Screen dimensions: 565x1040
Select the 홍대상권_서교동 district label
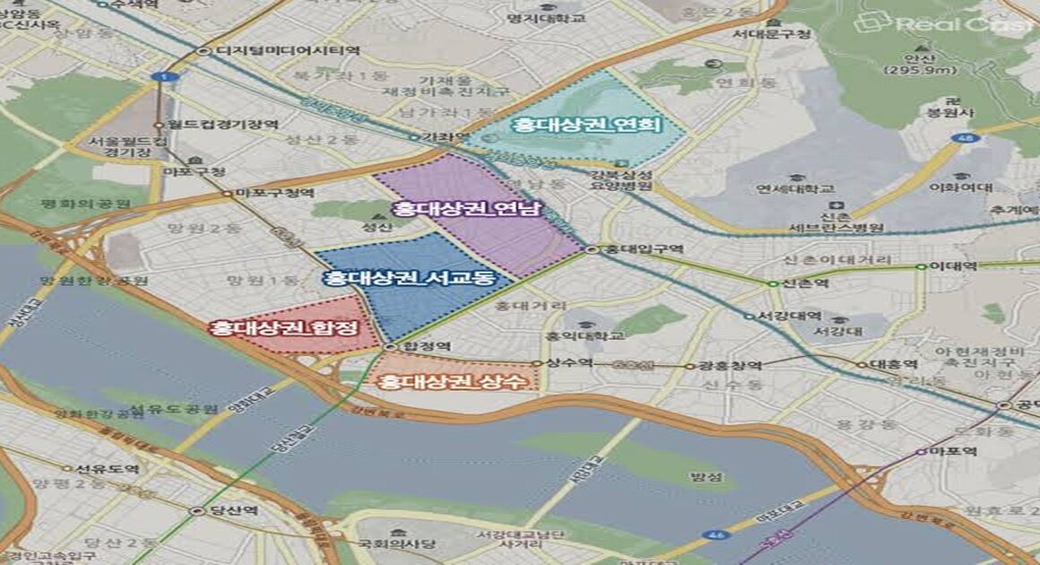coord(411,278)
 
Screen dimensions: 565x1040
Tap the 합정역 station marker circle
coord(390,346)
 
